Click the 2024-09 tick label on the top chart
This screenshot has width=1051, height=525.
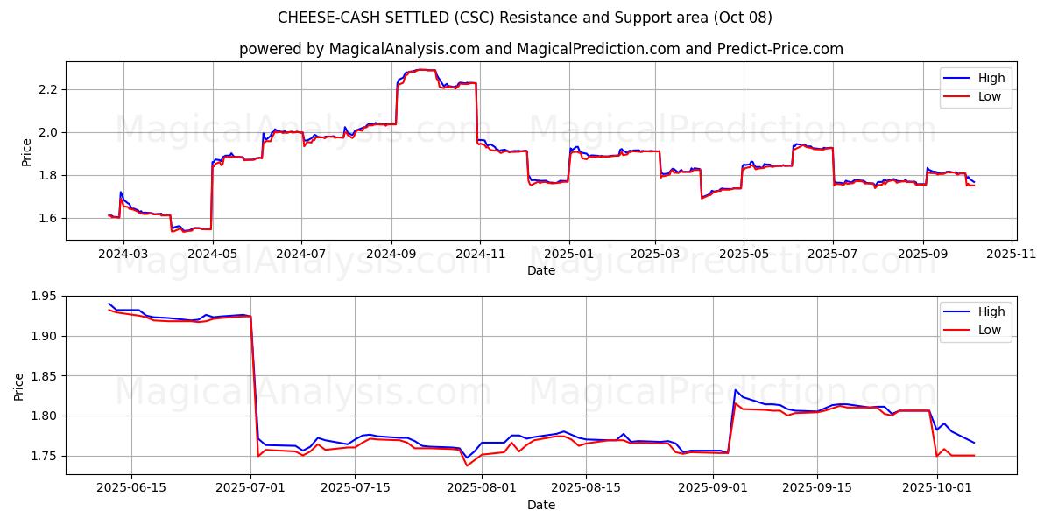point(391,254)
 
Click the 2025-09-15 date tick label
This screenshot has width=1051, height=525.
point(817,488)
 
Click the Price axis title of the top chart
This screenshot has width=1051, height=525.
point(26,150)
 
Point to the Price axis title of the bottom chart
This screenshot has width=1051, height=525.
point(19,385)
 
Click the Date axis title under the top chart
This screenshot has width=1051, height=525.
point(541,270)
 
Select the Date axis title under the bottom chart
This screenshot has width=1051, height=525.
point(541,505)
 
